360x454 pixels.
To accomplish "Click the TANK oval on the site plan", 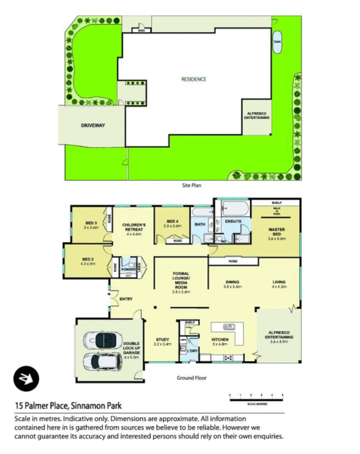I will [278, 44].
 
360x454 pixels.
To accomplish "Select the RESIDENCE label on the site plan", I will [194, 79].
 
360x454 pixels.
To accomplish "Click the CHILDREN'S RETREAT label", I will [135, 229].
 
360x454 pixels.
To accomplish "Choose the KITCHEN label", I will [220, 341].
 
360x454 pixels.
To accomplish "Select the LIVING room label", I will [278, 284].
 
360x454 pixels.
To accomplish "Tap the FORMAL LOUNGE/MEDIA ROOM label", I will [181, 282].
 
